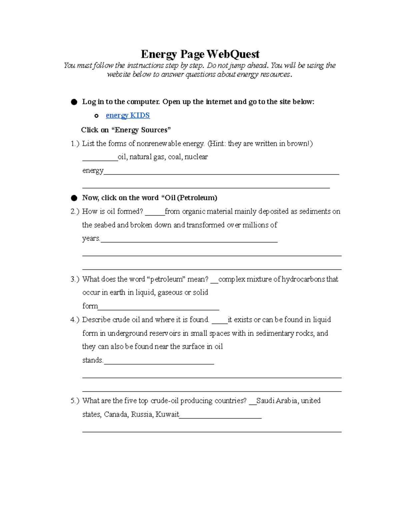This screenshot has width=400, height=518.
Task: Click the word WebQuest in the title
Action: pos(233,54)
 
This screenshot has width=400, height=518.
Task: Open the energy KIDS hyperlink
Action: pos(128,115)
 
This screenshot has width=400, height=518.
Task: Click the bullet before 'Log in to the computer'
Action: pos(74,102)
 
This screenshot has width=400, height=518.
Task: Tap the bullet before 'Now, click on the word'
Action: pos(74,198)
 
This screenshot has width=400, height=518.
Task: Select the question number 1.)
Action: pos(75,144)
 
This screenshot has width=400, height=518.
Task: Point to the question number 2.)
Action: pos(75,211)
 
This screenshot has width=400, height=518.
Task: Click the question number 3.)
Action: pos(75,279)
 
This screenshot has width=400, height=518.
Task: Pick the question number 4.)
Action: pos(75,320)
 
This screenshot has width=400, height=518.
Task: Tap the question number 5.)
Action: pos(75,401)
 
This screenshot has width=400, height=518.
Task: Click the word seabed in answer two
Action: pos(105,225)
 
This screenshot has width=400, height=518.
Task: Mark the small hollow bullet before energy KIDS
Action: pos(96,116)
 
